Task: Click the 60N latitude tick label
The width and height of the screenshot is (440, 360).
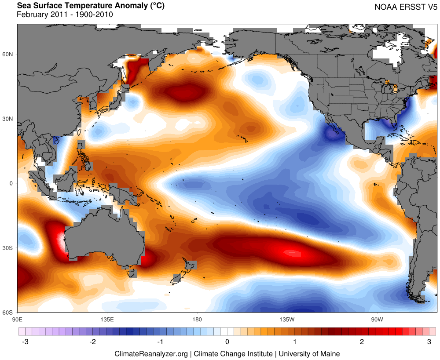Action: point(8,55)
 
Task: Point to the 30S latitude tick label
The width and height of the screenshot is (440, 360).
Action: point(8,248)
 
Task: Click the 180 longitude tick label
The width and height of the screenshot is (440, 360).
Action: point(197,319)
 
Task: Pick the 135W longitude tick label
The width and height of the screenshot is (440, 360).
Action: point(286,319)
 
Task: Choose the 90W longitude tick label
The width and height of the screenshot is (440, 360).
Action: point(377,319)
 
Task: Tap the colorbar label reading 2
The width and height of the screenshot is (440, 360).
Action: point(362,342)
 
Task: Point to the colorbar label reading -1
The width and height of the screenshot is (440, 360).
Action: point(159,342)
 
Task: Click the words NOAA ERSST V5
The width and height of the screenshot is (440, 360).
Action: point(406,7)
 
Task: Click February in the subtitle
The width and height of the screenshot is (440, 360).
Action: point(31,15)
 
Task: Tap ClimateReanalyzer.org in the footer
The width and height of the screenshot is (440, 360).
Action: point(151,353)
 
